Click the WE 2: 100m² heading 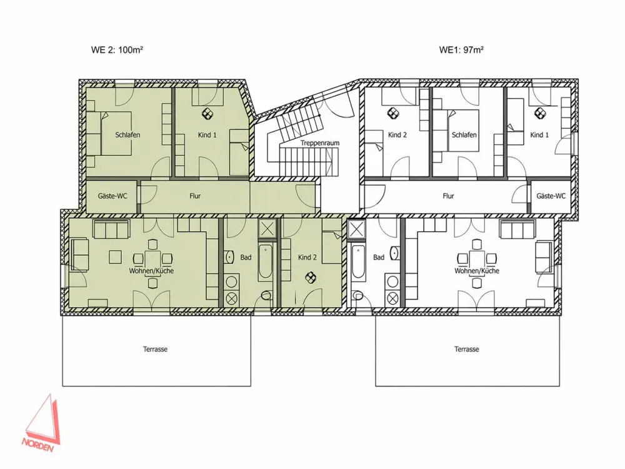(x=117, y=50)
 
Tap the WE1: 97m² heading (x=461, y=50)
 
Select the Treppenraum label (x=319, y=143)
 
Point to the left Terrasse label (x=155, y=349)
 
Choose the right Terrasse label (x=466, y=349)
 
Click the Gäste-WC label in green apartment (x=112, y=196)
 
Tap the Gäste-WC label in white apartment (x=551, y=196)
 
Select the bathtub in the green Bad (x=266, y=261)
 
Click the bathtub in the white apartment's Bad (x=357, y=261)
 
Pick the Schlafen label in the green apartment (x=127, y=135)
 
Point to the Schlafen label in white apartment (x=464, y=135)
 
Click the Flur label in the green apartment (x=195, y=196)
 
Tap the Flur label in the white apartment (x=448, y=196)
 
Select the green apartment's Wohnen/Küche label (x=151, y=271)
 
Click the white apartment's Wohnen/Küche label (x=477, y=271)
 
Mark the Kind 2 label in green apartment (x=307, y=257)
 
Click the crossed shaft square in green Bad (x=267, y=229)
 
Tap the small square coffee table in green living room (x=115, y=256)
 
